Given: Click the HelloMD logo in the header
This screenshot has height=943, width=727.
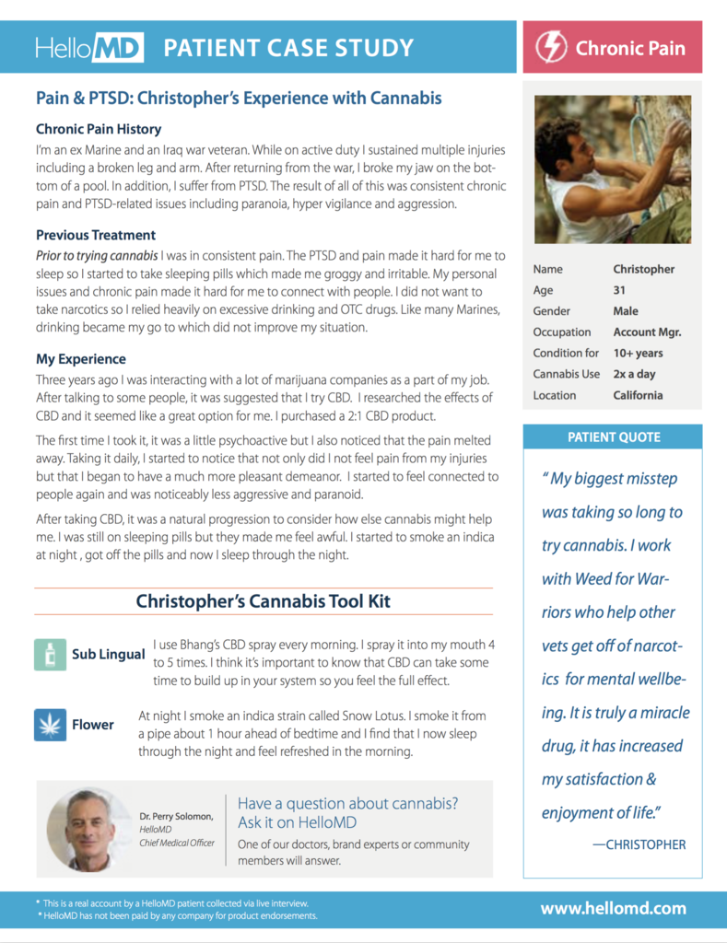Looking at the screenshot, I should [x=89, y=48].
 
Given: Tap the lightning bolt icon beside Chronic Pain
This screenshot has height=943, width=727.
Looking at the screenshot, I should [x=551, y=47].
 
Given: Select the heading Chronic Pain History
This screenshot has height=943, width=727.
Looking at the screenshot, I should [x=99, y=129].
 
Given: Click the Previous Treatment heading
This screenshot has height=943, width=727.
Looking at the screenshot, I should [x=96, y=235].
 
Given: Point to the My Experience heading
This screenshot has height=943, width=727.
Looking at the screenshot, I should [x=81, y=359].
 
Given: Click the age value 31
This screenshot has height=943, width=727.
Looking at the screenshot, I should [x=621, y=290].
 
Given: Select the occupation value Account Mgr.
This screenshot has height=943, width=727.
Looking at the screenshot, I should [x=647, y=332].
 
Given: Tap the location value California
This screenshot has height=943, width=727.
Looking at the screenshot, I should [x=638, y=395].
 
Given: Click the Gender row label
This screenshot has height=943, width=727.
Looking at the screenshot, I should [x=551, y=311].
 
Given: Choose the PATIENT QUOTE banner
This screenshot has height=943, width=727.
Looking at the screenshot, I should [x=613, y=437].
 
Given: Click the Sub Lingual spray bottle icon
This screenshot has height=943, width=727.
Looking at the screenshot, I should [x=50, y=654].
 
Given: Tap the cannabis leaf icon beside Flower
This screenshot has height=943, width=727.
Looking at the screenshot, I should [x=50, y=724].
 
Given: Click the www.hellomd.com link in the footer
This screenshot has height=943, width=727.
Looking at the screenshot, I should [x=613, y=908].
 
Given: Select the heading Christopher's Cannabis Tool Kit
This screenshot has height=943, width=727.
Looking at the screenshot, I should [x=263, y=601].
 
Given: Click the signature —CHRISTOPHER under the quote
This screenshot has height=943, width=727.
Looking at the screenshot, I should [x=639, y=844].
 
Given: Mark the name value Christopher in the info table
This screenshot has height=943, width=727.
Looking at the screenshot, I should [x=643, y=269].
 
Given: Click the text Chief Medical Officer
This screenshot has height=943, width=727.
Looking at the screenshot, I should [x=176, y=843].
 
